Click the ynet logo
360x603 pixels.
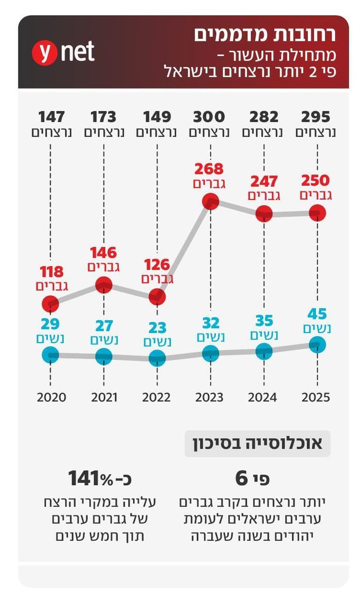pyautogui.click(x=63, y=52)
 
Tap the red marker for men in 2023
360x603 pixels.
pyautogui.click(x=210, y=201)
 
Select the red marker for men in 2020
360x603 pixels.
pyautogui.click(x=51, y=304)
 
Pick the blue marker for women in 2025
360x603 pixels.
pyautogui.click(x=317, y=345)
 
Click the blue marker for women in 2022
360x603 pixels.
pyautogui.click(x=157, y=358)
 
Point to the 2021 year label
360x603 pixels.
pyautogui.click(x=104, y=397)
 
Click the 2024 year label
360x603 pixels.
pyautogui.click(x=263, y=397)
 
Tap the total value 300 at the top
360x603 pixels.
pyautogui.click(x=209, y=117)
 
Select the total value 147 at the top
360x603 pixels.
pyautogui.click(x=52, y=117)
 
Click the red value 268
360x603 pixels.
pyautogui.click(x=209, y=169)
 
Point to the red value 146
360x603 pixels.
pyautogui.click(x=103, y=253)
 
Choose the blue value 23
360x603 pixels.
pyautogui.click(x=157, y=327)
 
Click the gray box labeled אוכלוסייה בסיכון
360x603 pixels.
pyautogui.click(x=257, y=443)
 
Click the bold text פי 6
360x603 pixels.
pyautogui.click(x=252, y=478)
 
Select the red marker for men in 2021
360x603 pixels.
pyautogui.click(x=104, y=285)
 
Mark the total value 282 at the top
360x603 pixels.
pyautogui.click(x=264, y=117)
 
